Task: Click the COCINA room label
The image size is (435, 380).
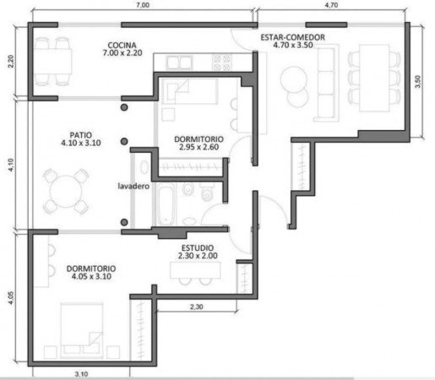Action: point(122,45)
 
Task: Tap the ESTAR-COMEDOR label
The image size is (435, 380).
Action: point(293,37)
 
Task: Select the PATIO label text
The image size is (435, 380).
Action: point(81,135)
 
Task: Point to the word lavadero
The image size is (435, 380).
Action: point(133,186)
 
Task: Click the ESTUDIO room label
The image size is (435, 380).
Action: point(198,248)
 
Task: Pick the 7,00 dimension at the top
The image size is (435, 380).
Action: point(143,5)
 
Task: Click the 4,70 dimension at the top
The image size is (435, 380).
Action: point(331,5)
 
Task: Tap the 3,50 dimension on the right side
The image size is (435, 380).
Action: point(418,82)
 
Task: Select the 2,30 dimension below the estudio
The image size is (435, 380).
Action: point(196,307)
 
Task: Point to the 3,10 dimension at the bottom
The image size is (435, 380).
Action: point(81,374)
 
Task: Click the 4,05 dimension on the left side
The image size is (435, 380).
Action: point(11,297)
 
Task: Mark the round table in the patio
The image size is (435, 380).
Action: point(66,192)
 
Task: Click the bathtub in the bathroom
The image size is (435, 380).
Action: point(166,204)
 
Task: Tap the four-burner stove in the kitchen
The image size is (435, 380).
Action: point(222,62)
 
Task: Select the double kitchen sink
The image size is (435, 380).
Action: point(179,62)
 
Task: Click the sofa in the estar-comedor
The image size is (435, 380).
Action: point(326,83)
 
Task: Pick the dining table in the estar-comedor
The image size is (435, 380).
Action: point(374,78)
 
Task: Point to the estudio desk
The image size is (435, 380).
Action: point(195,270)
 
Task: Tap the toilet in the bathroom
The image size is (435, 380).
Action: point(207,192)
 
